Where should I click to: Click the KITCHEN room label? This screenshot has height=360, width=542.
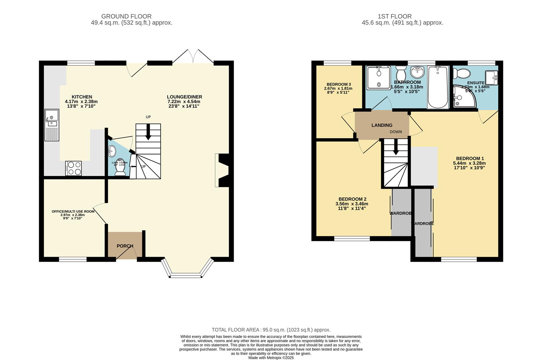pyautogui.click(x=82, y=97)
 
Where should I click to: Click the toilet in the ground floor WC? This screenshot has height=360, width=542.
pyautogui.click(x=120, y=169)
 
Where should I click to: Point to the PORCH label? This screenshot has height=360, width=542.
pyautogui.click(x=125, y=246)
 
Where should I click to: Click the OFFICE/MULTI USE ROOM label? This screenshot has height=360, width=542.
pyautogui.click(x=73, y=211)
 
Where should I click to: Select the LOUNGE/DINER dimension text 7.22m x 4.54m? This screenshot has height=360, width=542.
pyautogui.click(x=184, y=102)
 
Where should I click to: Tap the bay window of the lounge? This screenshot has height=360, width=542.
pyautogui.click(x=187, y=268)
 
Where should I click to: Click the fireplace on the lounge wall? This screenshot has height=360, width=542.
pyautogui.click(x=223, y=170)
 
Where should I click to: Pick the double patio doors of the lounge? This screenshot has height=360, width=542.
pyautogui.click(x=193, y=57)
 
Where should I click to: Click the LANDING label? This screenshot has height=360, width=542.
pyautogui.click(x=382, y=125)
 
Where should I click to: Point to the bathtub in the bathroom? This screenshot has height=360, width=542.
pyautogui.click(x=438, y=87)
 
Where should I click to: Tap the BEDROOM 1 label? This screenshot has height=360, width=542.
pyautogui.click(x=470, y=158)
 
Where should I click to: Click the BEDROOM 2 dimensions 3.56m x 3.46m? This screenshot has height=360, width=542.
pyautogui.click(x=352, y=204)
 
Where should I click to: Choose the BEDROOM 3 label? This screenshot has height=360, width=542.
pyautogui.click(x=339, y=84)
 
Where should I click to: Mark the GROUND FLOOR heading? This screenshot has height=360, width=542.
pyautogui.click(x=126, y=16)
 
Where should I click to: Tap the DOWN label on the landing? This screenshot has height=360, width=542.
pyautogui.click(x=396, y=132)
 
